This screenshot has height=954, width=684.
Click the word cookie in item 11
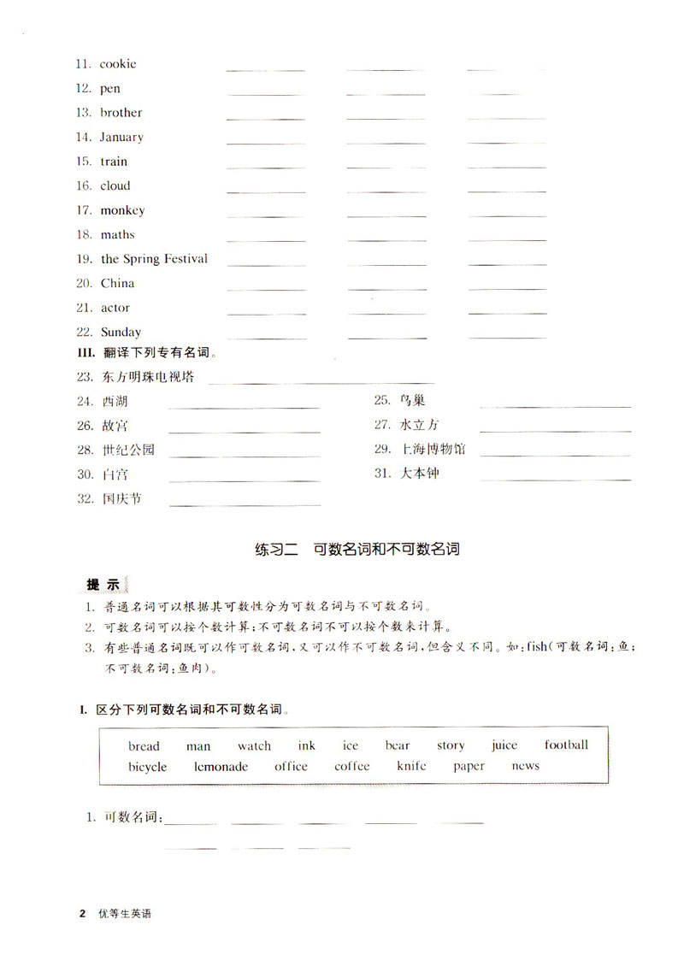pos(118,64)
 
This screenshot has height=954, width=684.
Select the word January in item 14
pos(121,137)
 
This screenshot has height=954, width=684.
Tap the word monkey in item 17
pos(122,210)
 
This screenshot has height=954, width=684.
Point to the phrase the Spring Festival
pos(154,259)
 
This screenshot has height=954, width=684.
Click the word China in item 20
pos(117,284)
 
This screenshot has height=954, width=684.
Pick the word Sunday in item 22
pos(121,333)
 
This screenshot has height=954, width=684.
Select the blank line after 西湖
pos(245,407)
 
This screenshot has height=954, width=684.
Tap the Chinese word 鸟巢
pos(412,400)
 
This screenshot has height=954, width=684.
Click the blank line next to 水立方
pos(555,430)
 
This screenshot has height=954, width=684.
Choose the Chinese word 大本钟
pos(419,473)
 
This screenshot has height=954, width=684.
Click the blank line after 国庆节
pos(245,504)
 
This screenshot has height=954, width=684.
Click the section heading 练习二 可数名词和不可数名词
pos(357,549)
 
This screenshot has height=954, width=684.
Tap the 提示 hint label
pos(103,586)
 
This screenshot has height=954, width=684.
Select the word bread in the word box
pos(144,746)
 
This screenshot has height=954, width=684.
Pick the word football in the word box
pos(566,745)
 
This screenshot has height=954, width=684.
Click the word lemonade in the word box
pos(221,767)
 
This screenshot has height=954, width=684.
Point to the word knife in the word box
pos(411,767)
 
